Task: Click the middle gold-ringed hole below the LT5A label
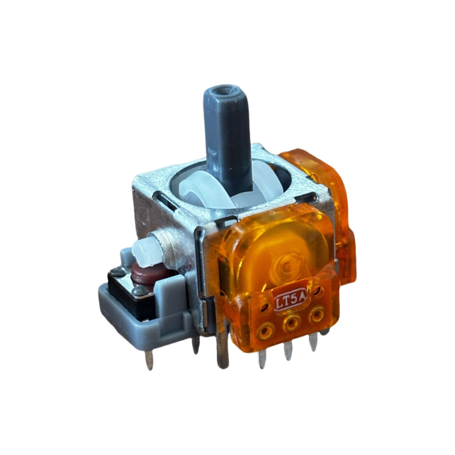pos(293,324)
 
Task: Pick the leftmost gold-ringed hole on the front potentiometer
pos(268,329)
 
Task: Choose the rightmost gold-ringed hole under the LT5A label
pos(317,314)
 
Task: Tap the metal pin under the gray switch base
pos(150,359)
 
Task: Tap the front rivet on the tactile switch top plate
pos(137,292)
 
